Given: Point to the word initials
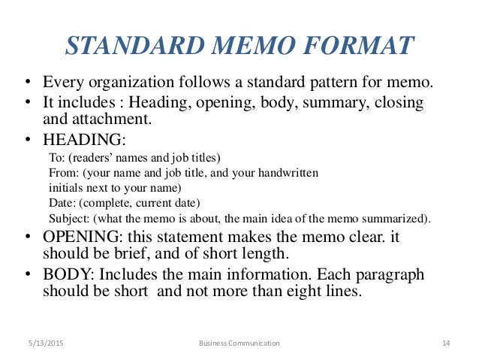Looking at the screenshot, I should pyautogui.click(x=68, y=189).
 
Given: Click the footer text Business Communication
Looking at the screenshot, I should pyautogui.click(x=239, y=343).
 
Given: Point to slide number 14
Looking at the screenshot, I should pyautogui.click(x=445, y=343).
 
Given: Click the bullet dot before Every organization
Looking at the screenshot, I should pyautogui.click(x=28, y=83).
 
